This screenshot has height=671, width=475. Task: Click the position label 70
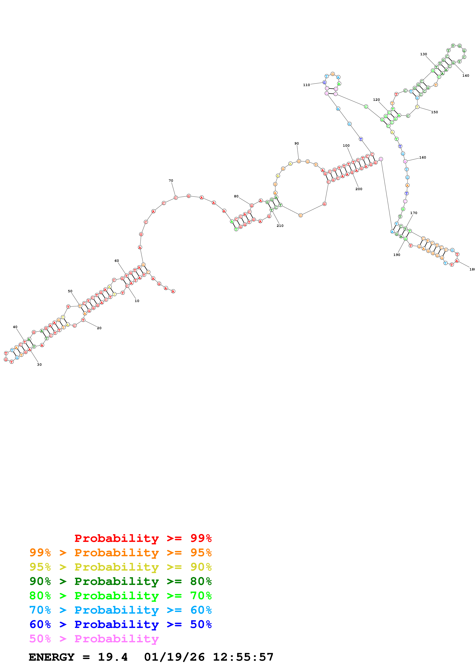click(171, 181)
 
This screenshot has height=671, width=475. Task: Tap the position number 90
click(296, 143)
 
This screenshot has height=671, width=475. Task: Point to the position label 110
click(306, 85)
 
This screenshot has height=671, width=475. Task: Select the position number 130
click(423, 54)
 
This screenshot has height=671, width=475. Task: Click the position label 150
click(434, 112)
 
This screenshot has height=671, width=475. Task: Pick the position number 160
click(423, 158)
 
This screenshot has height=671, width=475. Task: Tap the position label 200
click(359, 189)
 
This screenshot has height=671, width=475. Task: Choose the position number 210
click(280, 226)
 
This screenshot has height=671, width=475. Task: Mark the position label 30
click(39, 365)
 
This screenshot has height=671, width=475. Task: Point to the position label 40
click(15, 327)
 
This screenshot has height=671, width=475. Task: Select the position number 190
click(397, 255)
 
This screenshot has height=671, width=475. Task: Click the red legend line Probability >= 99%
click(143, 538)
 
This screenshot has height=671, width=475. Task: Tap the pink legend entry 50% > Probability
click(94, 639)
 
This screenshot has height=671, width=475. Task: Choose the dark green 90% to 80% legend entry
click(120, 581)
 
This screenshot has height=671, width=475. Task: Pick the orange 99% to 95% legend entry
click(120, 553)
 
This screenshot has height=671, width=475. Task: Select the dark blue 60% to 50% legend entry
click(120, 625)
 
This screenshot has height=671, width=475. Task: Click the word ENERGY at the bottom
click(52, 657)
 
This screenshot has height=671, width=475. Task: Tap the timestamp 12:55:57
click(243, 657)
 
